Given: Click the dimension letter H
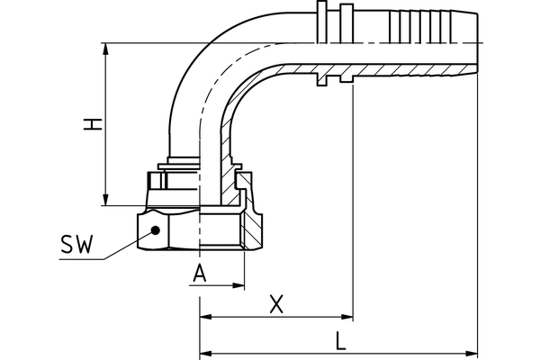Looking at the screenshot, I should coord(91,123).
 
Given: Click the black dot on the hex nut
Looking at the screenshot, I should coord(156,229).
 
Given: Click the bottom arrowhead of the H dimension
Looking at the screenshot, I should coord(107,200).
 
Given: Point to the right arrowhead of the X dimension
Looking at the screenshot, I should coord(346,317).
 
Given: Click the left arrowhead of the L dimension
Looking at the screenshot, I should coord(205,352).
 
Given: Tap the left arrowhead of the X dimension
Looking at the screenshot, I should coord(205,317).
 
